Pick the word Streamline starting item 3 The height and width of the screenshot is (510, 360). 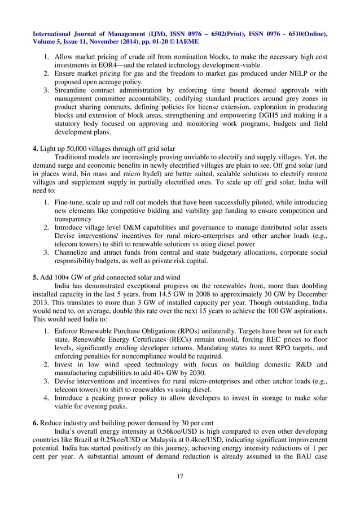pyautogui.click(x=73, y=90)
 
